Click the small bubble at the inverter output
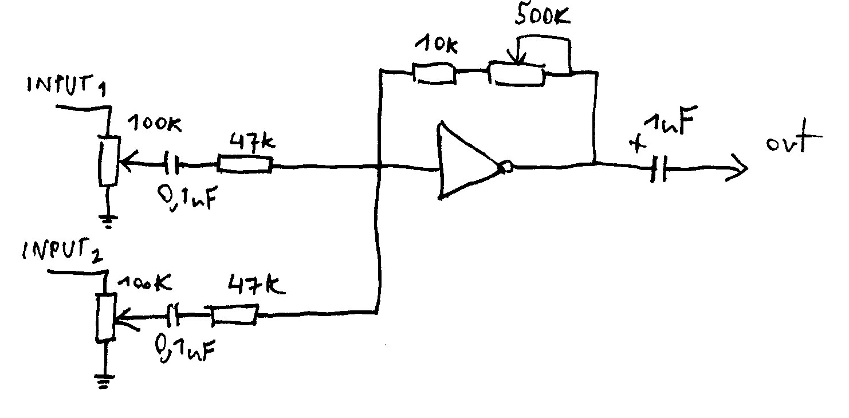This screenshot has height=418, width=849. click(x=505, y=167)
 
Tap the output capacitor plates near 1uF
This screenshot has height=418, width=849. click(x=659, y=168)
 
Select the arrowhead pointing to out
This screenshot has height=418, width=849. click(x=738, y=169)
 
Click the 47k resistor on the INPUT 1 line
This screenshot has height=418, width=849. click(x=245, y=165)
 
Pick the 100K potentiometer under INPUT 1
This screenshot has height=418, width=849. click(x=109, y=161)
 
